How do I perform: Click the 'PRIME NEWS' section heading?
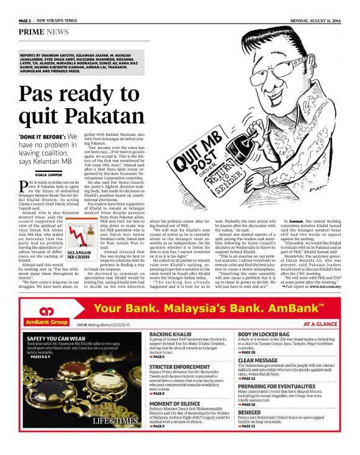[43, 30]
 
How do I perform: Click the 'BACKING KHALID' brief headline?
[170, 334]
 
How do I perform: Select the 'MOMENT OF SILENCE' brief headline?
[174, 403]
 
